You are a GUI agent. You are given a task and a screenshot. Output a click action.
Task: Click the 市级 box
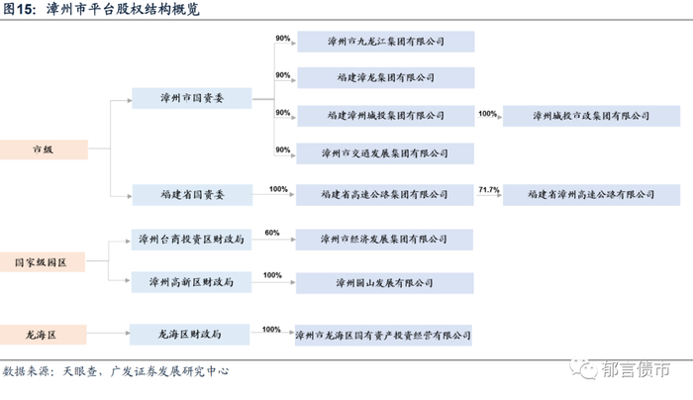43,150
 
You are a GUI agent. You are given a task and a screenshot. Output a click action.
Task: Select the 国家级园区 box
43,263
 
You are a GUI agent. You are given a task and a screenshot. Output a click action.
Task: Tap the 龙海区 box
43,334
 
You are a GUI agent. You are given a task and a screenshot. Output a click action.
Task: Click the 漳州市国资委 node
190,98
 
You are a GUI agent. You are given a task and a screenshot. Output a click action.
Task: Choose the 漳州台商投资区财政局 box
190,240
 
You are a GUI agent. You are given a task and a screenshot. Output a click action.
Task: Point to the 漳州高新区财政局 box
190,282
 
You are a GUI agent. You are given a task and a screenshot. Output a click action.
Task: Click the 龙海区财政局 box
190,334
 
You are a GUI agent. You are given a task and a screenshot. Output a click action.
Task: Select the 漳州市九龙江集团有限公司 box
385,43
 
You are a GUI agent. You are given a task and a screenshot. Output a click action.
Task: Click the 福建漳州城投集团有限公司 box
385,116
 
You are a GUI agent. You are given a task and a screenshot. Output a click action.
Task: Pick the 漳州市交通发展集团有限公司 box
385,153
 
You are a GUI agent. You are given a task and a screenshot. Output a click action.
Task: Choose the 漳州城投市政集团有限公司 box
591,116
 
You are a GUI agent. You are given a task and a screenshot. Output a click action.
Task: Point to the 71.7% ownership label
489,188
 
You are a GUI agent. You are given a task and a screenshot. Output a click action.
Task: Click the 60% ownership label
272,234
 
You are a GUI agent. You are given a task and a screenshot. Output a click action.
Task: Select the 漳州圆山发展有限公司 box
385,282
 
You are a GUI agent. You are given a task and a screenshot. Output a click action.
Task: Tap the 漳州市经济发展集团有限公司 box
385,240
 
